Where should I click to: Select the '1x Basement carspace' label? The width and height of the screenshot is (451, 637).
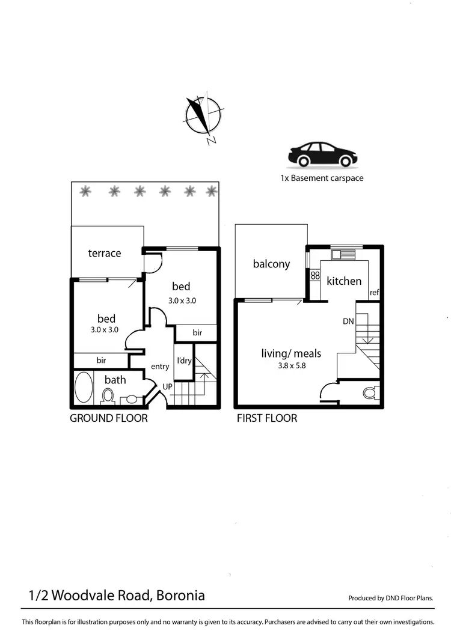tap(322, 178)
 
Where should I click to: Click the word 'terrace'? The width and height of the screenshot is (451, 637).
tap(105, 253)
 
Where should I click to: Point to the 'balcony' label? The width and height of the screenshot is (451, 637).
tap(271, 264)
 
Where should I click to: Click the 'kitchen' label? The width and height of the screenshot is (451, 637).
tap(344, 281)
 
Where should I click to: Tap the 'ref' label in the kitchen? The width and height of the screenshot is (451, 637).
tap(375, 293)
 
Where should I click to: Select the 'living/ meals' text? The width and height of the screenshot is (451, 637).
tap(291, 353)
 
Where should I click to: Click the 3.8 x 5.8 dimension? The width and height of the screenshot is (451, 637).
tap(291, 365)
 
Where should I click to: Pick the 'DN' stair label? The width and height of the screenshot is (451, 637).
tap(348, 322)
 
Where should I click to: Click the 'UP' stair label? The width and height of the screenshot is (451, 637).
tap(168, 386)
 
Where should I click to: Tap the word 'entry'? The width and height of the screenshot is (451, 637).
tap(160, 367)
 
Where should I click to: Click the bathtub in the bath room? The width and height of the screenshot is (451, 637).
tap(84, 388)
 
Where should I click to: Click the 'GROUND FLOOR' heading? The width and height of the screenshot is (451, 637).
tap(109, 418)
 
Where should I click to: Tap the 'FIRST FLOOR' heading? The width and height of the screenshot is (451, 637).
tap(267, 418)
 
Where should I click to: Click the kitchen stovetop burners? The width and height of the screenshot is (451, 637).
tap(314, 276)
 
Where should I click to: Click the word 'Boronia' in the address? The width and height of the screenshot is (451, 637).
tap(180, 596)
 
